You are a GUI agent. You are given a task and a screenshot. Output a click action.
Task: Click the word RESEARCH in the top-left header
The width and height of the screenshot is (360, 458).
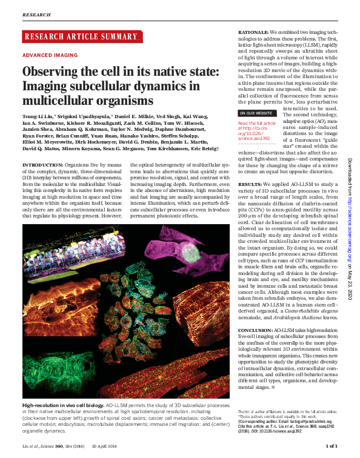(36, 13)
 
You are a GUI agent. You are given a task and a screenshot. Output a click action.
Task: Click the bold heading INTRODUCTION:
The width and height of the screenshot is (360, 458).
(41, 165)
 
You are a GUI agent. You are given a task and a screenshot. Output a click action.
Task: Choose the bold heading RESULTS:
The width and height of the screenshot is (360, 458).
(250, 183)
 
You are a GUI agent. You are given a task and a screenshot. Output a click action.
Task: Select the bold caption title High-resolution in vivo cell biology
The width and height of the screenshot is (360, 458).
(63, 404)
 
